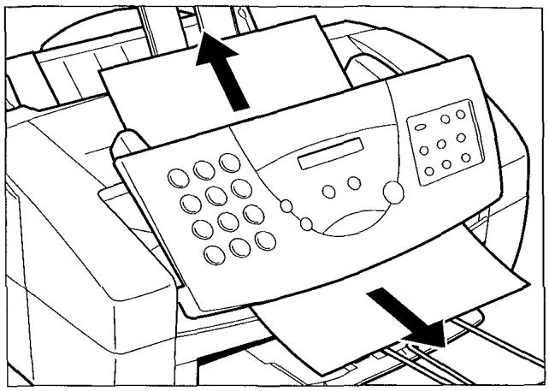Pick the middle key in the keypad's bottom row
click(x=240, y=248)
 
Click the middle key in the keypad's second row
click(x=216, y=196)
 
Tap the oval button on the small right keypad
click(x=421, y=129)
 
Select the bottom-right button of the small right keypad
click(x=466, y=157)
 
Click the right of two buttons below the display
click(x=354, y=183)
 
